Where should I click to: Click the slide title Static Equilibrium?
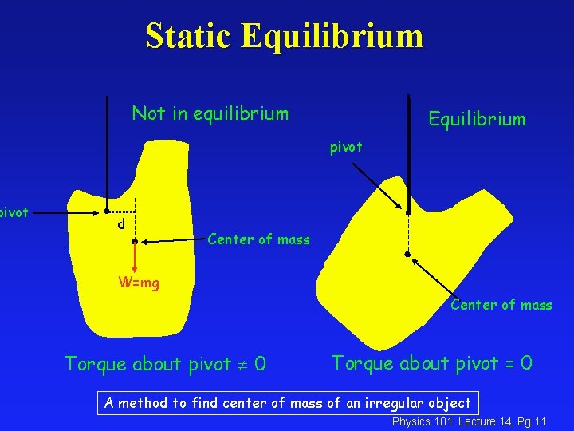284,37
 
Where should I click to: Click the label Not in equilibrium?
210,113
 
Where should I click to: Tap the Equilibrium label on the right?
477,120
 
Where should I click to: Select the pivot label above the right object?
347,147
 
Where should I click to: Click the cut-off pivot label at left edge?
14,212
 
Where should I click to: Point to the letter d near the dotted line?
120,226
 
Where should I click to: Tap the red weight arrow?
136,256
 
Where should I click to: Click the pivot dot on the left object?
106,212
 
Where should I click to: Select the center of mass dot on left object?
136,240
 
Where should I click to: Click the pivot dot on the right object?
407,213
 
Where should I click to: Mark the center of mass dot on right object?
407,255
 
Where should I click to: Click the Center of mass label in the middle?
258,239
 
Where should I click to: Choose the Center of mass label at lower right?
501,305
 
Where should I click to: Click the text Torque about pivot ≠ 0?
165,365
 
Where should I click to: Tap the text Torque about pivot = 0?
431,363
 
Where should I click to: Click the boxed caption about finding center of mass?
287,403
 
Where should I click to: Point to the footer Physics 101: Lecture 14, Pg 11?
469,421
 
